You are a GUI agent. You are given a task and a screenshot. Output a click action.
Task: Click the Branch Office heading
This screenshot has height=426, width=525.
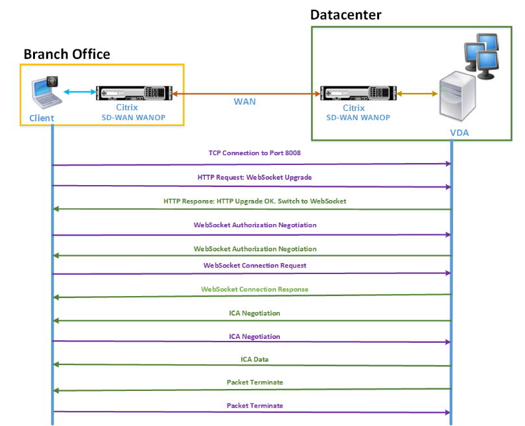[x=67, y=54]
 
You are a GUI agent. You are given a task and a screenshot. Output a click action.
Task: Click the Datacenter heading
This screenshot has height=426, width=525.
[x=346, y=15]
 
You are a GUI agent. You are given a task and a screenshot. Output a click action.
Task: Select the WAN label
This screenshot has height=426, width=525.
[x=245, y=101]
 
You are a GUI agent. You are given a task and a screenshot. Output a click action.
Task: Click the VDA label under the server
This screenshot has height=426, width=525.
[x=460, y=133]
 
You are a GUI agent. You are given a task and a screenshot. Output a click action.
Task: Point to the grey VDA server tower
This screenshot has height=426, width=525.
[x=458, y=96]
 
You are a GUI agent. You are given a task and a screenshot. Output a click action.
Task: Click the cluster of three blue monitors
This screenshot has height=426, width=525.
[x=482, y=56]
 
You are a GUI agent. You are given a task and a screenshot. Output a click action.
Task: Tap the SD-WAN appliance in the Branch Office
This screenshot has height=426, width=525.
[x=134, y=93]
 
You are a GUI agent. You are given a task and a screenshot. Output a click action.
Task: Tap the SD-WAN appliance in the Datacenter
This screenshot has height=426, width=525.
[x=358, y=93]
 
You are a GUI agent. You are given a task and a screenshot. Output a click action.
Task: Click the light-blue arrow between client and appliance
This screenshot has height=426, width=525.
[x=80, y=92]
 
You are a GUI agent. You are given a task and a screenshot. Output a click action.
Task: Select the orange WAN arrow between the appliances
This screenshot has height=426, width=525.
[x=246, y=94]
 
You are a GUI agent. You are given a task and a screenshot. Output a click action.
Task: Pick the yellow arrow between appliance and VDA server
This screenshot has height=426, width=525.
[x=417, y=94]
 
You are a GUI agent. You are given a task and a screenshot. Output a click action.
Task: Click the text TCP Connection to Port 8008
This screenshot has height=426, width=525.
[x=255, y=153]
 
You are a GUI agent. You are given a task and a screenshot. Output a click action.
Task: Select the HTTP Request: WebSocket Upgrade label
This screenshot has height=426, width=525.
[x=255, y=177]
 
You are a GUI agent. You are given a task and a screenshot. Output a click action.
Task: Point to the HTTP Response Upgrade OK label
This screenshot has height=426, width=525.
[x=255, y=201]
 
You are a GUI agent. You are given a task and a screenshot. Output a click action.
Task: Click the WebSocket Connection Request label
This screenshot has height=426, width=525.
[x=255, y=266]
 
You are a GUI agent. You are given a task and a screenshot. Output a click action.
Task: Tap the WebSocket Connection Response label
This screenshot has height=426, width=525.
[x=255, y=289]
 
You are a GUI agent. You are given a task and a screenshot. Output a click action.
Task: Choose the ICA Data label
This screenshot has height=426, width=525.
[x=255, y=359]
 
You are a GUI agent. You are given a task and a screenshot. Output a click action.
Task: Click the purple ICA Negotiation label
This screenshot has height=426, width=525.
[x=255, y=336]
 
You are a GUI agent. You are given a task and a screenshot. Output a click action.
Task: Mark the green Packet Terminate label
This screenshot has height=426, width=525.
[x=255, y=382]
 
